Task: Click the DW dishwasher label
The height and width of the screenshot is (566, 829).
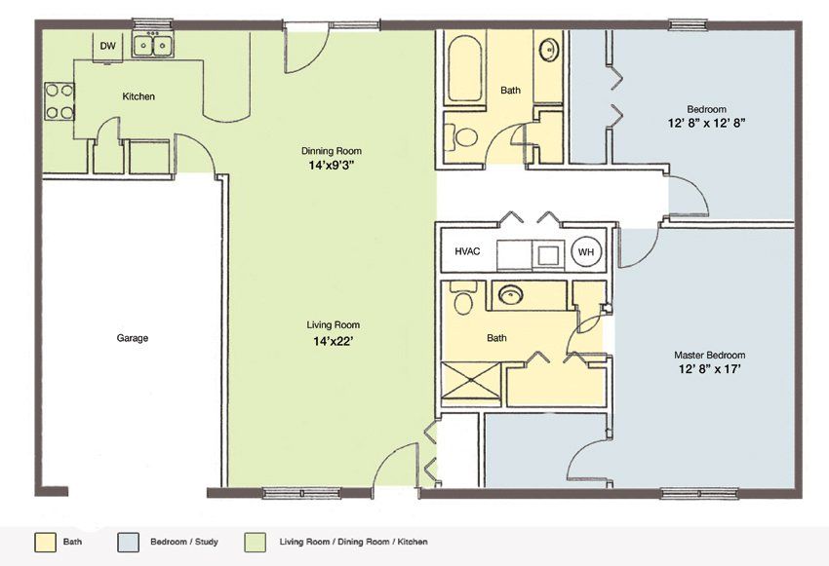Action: [x=108, y=46]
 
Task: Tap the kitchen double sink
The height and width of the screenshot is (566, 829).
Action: [x=153, y=45]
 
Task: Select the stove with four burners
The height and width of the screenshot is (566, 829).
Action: [x=59, y=101]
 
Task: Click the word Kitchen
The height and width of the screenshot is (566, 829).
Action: [x=138, y=96]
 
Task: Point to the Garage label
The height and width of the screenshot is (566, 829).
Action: [x=133, y=338]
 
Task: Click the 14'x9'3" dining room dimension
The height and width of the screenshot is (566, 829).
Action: [x=331, y=165]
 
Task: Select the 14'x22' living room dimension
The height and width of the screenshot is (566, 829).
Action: [x=334, y=341]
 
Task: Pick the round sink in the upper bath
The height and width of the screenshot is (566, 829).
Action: [x=549, y=51]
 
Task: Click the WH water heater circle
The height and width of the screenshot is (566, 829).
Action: [x=586, y=252]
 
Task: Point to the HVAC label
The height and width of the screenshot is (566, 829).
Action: [x=467, y=251]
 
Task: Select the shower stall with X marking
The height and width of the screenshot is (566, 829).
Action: [x=470, y=385]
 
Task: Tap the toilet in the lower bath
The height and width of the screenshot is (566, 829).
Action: [x=462, y=298]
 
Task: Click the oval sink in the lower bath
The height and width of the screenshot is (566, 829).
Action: [x=511, y=294]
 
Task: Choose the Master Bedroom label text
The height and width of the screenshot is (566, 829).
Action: [x=709, y=355]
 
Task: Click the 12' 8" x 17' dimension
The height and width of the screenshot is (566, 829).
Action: [x=709, y=369]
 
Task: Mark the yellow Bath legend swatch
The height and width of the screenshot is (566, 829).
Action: [x=45, y=543]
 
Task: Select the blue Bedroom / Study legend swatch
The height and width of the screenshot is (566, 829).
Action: [x=129, y=543]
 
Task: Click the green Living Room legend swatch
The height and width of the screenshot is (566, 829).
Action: [x=255, y=543]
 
